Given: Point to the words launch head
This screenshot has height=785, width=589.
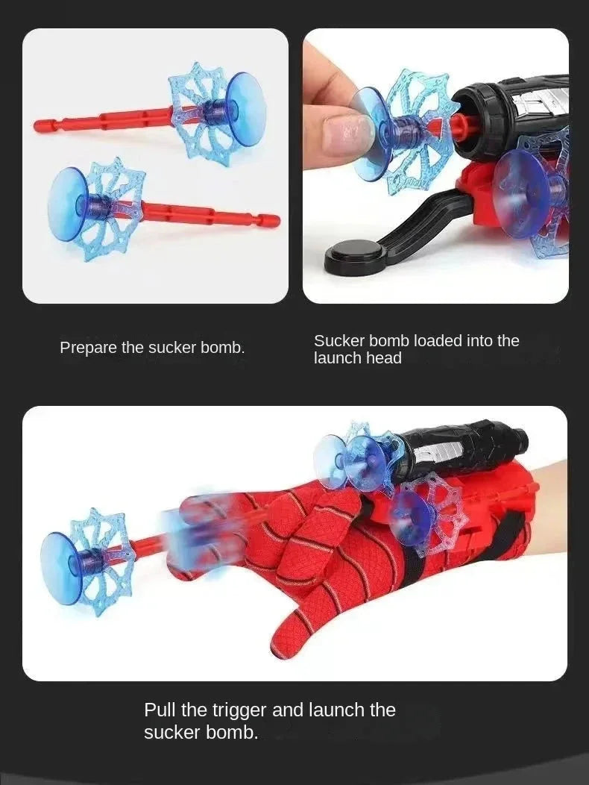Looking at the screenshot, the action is pyautogui.click(x=358, y=358).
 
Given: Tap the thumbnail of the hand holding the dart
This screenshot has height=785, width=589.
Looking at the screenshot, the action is pyautogui.click(x=435, y=166).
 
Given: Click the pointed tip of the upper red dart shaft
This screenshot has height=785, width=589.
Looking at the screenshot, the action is pyautogui.click(x=36, y=125).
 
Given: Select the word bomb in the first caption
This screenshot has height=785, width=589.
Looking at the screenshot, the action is pyautogui.click(x=221, y=348).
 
